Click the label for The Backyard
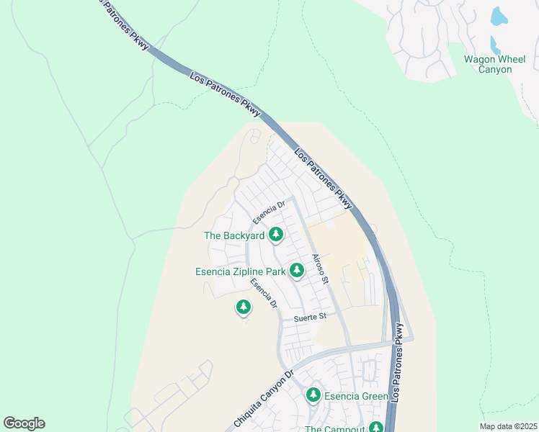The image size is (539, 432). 234,235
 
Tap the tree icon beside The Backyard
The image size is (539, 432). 275,235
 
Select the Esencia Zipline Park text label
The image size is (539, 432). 240,271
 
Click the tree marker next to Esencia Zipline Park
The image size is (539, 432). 296,271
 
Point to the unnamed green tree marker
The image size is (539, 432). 244,308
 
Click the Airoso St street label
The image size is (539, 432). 320,269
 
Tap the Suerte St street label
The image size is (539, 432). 311,317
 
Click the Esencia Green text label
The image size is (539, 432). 356,396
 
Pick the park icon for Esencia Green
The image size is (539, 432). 313,395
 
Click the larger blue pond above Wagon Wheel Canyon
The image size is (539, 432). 499,16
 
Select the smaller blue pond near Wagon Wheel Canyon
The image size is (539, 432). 494,45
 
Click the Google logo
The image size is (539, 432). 24,423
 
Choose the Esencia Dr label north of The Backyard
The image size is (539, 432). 269,211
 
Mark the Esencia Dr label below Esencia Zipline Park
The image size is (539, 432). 264,294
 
